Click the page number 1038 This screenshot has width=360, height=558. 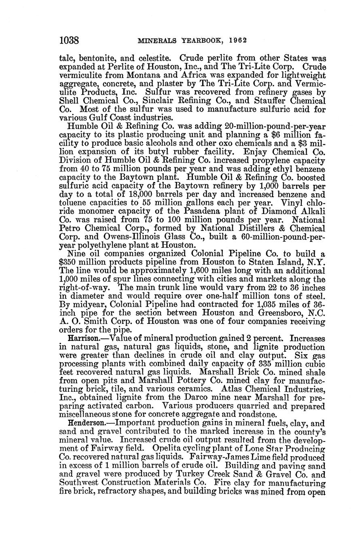click(x=71, y=40)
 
